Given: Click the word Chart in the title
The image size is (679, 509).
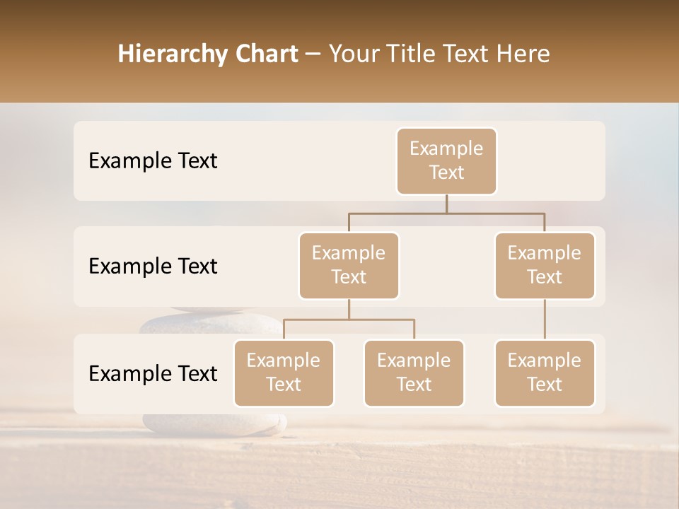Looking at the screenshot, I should click(x=266, y=54).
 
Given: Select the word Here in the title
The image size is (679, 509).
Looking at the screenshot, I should click(x=523, y=54).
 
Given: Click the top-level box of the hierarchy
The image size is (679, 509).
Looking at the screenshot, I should click(x=446, y=160).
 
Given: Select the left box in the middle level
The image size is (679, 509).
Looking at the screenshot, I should click(x=349, y=265).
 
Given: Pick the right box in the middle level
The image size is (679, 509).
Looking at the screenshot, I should click(x=545, y=265).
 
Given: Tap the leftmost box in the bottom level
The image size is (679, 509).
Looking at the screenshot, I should click(x=284, y=373).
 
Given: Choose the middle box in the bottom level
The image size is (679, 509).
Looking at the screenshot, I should click(x=414, y=373).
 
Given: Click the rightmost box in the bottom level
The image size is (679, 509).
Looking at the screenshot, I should click(x=545, y=373).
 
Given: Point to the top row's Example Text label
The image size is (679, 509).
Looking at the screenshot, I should click(x=153, y=161).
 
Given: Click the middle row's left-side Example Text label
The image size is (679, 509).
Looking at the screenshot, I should click(x=153, y=267).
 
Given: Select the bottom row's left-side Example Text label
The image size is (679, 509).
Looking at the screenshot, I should click(x=153, y=373).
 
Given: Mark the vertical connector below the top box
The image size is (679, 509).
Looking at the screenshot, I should click(x=446, y=204).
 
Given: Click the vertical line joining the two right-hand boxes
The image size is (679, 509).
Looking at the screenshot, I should click(x=545, y=320).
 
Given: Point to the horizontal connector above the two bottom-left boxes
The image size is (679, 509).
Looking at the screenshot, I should click(x=349, y=320).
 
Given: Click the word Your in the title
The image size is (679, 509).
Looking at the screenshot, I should click(x=352, y=54).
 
